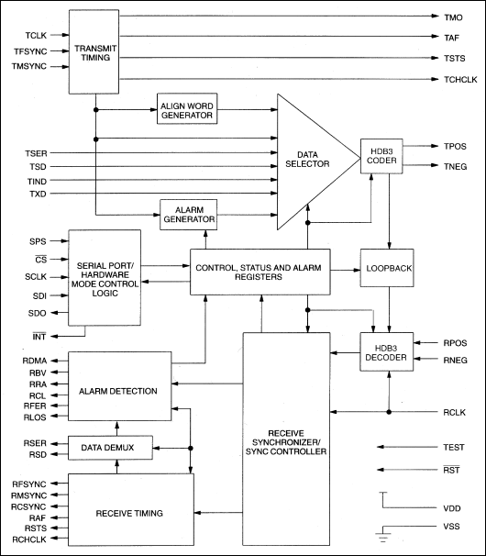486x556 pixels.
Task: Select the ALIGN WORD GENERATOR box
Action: [x=188, y=108]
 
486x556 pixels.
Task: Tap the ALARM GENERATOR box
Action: [x=188, y=215]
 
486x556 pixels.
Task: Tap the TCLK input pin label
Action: [x=36, y=36]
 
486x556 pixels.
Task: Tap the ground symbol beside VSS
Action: [x=384, y=534]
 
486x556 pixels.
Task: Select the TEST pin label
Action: [x=452, y=446]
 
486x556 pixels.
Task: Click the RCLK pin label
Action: [x=452, y=413]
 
